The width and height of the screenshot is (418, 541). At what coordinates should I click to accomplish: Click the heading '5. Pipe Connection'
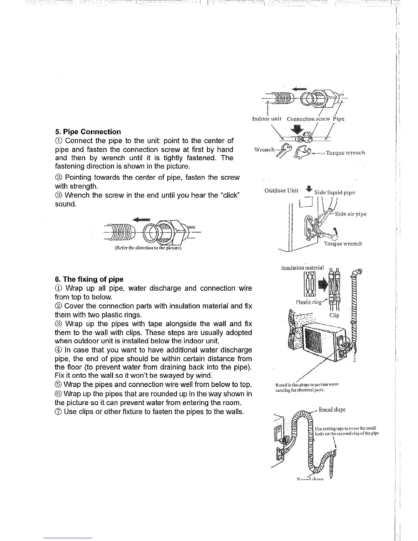88,132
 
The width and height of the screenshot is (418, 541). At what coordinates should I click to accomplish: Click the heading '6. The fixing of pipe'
89,279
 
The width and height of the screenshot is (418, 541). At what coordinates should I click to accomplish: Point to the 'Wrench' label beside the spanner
264,149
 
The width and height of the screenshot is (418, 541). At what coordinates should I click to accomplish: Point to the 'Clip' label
334,315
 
